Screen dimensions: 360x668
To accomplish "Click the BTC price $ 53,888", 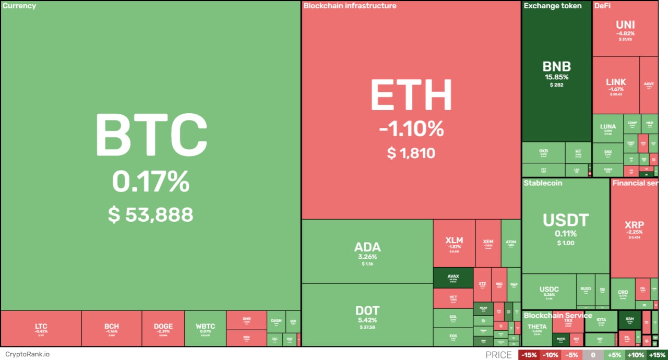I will coord(151,214).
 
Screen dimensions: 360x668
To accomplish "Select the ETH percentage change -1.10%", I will coord(412,128).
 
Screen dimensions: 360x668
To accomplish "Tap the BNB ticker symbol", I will coord(556,67).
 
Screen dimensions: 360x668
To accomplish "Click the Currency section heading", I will coord(19,6).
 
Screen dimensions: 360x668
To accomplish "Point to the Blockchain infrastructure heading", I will coord(350,6).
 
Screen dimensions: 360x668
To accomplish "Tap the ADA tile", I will coord(367,251).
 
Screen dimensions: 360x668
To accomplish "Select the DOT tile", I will coord(367,315).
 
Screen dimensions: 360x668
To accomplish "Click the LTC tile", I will coord(41,328).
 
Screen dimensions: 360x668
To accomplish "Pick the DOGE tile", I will coord(163,328).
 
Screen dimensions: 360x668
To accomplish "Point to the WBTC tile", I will coord(205,328).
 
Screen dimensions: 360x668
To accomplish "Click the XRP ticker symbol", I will coord(634,225).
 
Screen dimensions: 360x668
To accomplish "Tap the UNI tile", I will coord(625,28).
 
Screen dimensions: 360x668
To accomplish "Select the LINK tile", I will coord(616,85).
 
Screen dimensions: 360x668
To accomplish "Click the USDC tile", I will coord(549,292).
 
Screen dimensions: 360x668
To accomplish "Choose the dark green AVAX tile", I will coord(453,278).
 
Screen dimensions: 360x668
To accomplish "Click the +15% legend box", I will coord(657,355).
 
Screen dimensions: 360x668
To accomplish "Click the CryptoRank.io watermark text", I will coord(25,354).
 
